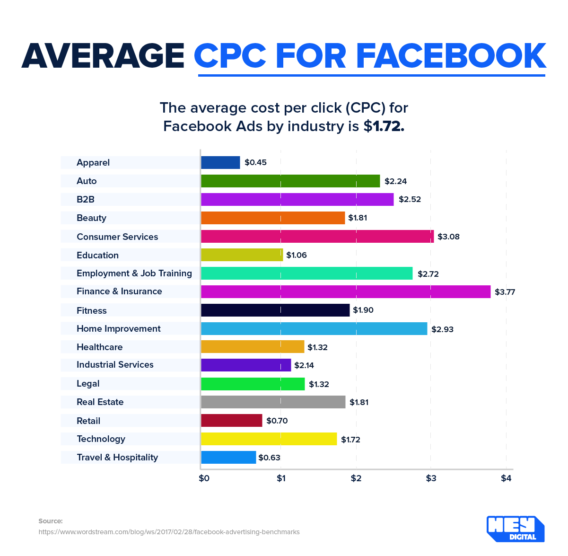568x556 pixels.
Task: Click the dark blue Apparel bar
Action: tap(220, 162)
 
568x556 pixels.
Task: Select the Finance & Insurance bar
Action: tap(346, 291)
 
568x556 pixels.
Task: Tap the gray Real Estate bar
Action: tap(273, 402)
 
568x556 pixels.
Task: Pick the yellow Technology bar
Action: tap(269, 439)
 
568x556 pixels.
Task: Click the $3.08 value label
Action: tap(448, 237)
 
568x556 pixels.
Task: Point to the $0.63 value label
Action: tap(269, 458)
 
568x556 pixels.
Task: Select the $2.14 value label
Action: tap(304, 365)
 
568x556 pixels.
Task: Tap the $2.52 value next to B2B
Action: tap(410, 199)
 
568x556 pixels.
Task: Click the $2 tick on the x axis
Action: tap(356, 478)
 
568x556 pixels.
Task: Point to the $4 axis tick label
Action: tap(506, 478)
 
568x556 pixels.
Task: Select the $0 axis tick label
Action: tap(204, 478)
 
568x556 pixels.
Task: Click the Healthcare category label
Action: tap(99, 347)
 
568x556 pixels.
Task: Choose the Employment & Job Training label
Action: tap(134, 273)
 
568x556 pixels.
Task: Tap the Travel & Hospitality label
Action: tap(117, 457)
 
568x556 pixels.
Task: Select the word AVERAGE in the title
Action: tap(103, 56)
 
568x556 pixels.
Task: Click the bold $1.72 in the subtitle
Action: tap(384, 126)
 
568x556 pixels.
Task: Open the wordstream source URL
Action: tap(169, 532)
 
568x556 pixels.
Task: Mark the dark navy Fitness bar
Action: tap(275, 310)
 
